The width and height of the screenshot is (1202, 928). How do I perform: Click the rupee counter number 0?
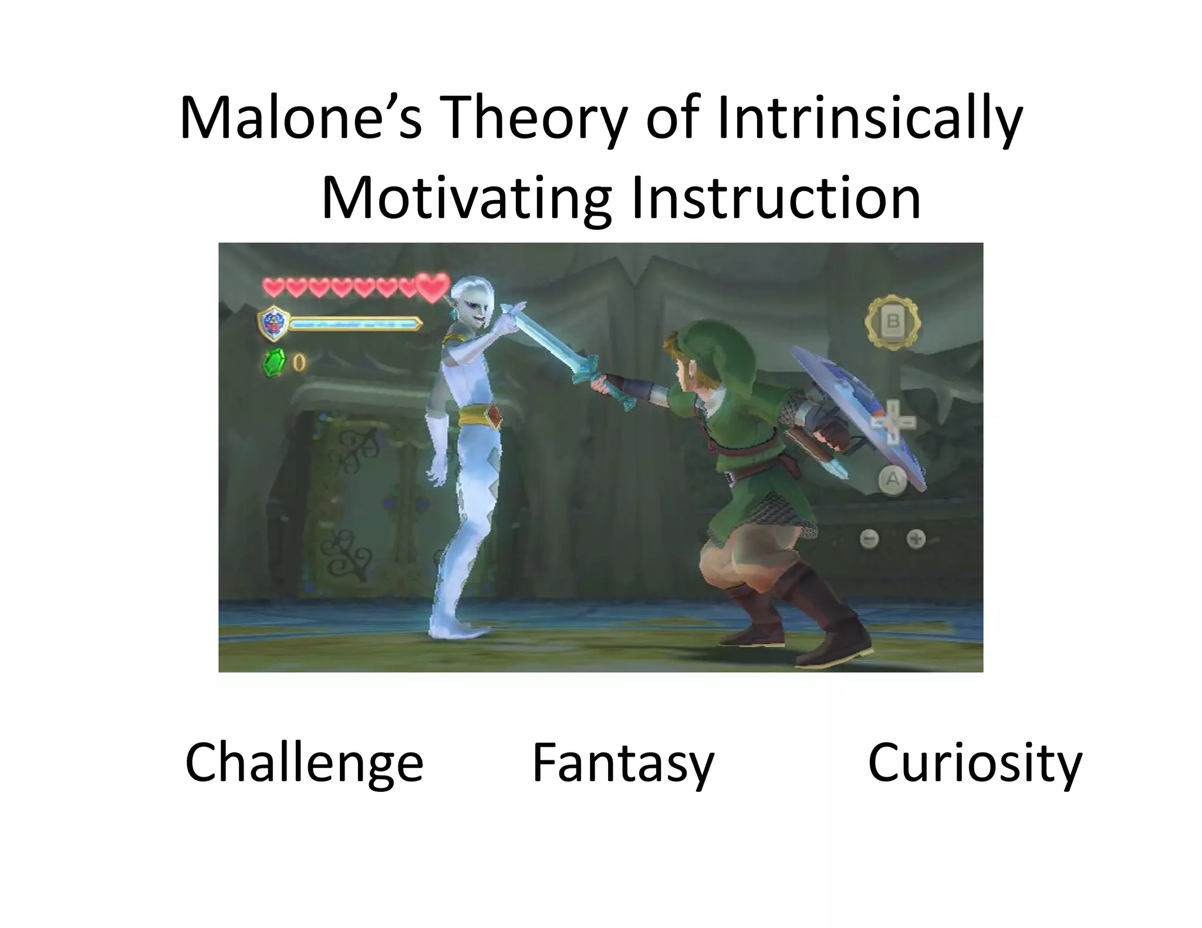click(299, 364)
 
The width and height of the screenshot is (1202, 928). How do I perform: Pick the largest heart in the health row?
click(433, 287)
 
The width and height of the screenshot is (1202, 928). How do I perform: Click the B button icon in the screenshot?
click(893, 322)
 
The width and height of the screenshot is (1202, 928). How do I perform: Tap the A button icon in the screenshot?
click(892, 480)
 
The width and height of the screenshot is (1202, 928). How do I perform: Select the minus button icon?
click(869, 538)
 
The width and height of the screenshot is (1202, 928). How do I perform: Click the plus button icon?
click(916, 538)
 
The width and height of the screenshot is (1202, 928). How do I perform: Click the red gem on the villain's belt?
click(494, 418)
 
